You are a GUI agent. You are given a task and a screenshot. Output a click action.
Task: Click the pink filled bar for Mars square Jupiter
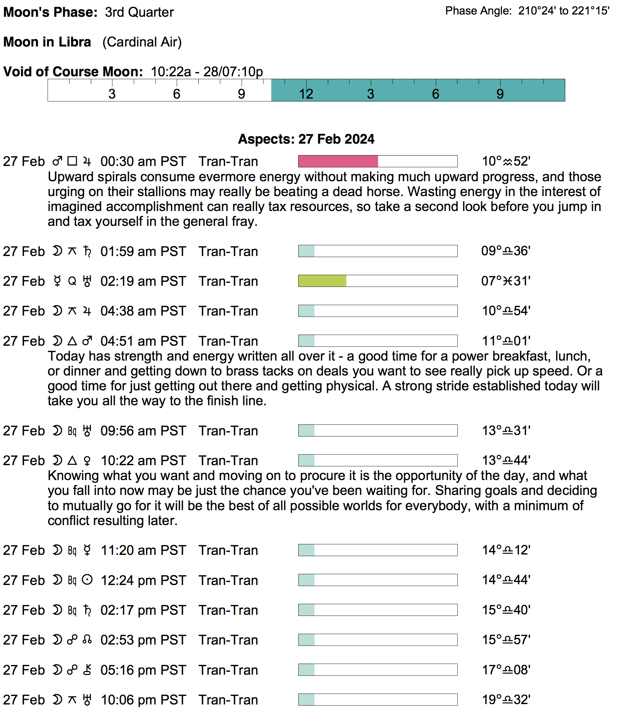pyautogui.click(x=338, y=161)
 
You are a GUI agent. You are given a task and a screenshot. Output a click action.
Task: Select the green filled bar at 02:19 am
pyautogui.click(x=322, y=281)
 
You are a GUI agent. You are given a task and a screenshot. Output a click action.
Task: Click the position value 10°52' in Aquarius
pyautogui.click(x=506, y=162)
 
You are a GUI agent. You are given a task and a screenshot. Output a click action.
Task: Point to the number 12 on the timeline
pyautogui.click(x=306, y=94)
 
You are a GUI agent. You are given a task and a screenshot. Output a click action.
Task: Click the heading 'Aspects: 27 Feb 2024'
pyautogui.click(x=306, y=139)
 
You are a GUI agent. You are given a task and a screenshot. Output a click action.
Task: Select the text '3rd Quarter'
pyautogui.click(x=139, y=12)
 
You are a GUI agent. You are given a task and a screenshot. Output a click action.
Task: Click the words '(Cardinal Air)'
pyautogui.click(x=142, y=42)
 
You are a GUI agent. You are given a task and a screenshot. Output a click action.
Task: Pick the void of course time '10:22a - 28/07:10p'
pyautogui.click(x=207, y=71)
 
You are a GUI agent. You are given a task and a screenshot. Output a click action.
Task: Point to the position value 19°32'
pyautogui.click(x=506, y=700)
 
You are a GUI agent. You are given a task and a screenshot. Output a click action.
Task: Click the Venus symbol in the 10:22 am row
pyautogui.click(x=87, y=461)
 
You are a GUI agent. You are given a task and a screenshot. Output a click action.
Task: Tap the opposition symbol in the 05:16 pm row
pyautogui.click(x=72, y=670)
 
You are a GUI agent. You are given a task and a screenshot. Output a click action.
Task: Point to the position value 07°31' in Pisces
pyautogui.click(x=506, y=281)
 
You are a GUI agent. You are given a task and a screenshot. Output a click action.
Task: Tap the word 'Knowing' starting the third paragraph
pyautogui.click(x=73, y=476)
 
